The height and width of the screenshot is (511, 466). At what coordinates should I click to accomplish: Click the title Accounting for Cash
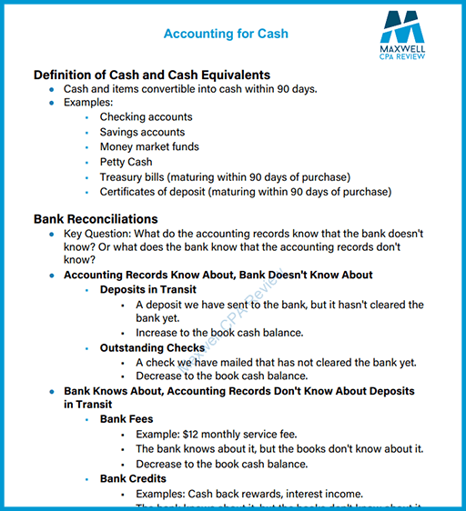tap(226, 34)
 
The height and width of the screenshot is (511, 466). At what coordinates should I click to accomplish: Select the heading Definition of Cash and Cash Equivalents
tap(151, 75)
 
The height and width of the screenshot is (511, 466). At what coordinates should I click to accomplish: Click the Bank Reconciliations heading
tap(96, 219)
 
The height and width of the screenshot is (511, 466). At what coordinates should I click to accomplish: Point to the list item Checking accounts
tap(146, 117)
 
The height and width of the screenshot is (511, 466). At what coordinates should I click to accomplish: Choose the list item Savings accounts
tap(142, 132)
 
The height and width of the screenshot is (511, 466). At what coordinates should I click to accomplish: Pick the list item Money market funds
tap(149, 146)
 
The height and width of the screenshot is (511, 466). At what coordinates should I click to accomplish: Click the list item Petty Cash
tap(126, 162)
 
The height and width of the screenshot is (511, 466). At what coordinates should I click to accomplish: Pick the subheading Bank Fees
tap(127, 419)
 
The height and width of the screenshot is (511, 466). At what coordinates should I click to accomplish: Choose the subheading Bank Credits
tap(133, 478)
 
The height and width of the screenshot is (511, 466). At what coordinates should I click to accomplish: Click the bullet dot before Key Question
tap(53, 235)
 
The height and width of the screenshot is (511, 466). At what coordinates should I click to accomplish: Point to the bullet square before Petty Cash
tap(86, 163)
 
